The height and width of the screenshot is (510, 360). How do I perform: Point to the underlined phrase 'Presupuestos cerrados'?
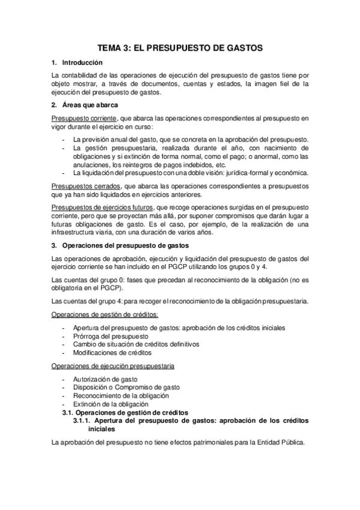(x=86, y=186)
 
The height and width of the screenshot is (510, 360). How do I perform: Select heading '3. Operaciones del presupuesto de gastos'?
(x=146, y=245)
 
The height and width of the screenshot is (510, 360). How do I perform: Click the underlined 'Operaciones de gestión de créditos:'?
(x=105, y=314)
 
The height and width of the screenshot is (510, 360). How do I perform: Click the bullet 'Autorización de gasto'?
(x=105, y=379)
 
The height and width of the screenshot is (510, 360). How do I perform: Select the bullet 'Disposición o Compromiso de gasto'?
(x=126, y=388)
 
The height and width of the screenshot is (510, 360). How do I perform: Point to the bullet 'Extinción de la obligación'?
(x=112, y=405)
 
